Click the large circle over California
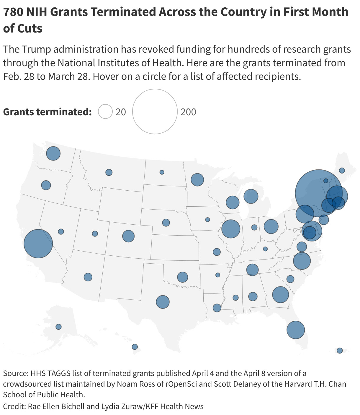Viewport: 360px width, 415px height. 38,244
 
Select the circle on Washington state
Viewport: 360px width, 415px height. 53,153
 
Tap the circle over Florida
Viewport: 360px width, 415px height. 295,330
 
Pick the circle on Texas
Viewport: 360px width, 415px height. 163,302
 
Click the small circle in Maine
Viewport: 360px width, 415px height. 342,171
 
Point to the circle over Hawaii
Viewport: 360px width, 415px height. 135,347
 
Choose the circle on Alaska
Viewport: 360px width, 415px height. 58,327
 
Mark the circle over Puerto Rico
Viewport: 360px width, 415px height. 340,351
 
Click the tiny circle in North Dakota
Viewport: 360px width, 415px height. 162,172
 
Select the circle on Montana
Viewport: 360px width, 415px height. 109,172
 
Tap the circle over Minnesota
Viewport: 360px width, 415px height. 197,180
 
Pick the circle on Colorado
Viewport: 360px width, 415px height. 128,236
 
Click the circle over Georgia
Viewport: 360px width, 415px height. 280,294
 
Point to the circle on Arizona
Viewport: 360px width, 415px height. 88,277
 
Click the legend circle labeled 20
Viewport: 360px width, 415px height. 105,112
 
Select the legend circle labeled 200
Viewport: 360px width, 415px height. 155,111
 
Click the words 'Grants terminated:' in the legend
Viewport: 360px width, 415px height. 47,112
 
